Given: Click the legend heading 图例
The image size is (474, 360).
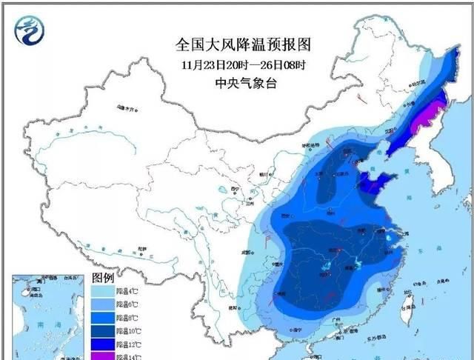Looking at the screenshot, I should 102,277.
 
